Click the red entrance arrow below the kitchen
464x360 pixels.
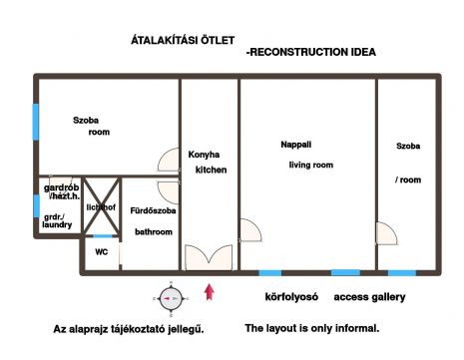(210, 292)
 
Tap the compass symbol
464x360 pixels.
(171, 299)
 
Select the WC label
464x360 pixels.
(102, 252)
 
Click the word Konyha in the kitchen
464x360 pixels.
(204, 155)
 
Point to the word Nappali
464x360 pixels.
(296, 145)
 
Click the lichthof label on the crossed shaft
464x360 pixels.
(101, 207)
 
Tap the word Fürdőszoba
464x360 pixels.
(153, 210)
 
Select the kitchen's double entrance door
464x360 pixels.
(209, 257)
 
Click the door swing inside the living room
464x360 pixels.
(250, 230)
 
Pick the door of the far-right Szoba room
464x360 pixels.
(386, 233)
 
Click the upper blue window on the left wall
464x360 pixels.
(36, 122)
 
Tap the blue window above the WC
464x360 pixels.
(102, 236)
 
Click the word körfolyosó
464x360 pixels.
(291, 297)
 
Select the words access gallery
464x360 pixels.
(369, 297)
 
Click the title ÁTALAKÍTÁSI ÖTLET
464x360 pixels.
(183, 40)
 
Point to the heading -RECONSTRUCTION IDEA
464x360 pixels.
(311, 52)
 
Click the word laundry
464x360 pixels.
(57, 225)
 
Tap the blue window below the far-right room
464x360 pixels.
(402, 273)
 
